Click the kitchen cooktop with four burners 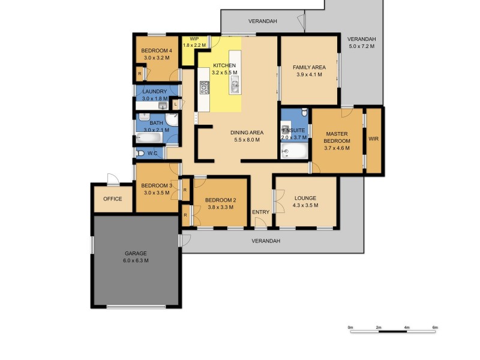[x=204, y=88]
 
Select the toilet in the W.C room [x=140, y=153]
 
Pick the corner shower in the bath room [x=172, y=119]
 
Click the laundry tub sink [x=162, y=106]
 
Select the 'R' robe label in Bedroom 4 [x=139, y=74]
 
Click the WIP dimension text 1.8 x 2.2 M [x=194, y=45]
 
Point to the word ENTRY [x=260, y=212]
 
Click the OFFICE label [x=112, y=199]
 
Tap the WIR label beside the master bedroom [x=374, y=139]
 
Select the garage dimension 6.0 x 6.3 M [x=136, y=260]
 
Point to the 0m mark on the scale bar [x=350, y=327]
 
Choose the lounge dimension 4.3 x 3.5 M [x=305, y=205]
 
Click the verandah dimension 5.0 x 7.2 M [x=361, y=46]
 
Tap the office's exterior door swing [x=111, y=178]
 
